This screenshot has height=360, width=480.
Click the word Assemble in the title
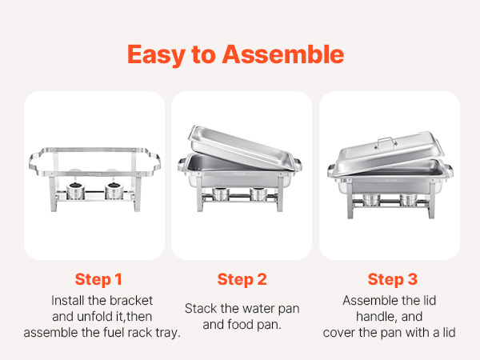[x=283, y=54]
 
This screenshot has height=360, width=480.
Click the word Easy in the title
[x=156, y=55]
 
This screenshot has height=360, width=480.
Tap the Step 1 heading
[x=98, y=279]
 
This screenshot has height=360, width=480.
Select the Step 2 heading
[x=242, y=279]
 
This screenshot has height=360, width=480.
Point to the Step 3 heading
[x=393, y=279]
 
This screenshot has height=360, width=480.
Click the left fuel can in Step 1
[x=75, y=191]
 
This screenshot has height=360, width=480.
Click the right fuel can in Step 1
[x=114, y=191]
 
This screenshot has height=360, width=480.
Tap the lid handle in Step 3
[x=385, y=142]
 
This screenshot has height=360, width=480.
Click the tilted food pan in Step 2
[x=242, y=147]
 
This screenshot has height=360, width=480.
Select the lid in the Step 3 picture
[x=389, y=154]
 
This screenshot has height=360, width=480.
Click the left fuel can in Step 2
[x=221, y=194]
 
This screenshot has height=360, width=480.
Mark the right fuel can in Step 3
[x=408, y=199]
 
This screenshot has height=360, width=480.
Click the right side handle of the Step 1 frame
[x=154, y=163]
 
